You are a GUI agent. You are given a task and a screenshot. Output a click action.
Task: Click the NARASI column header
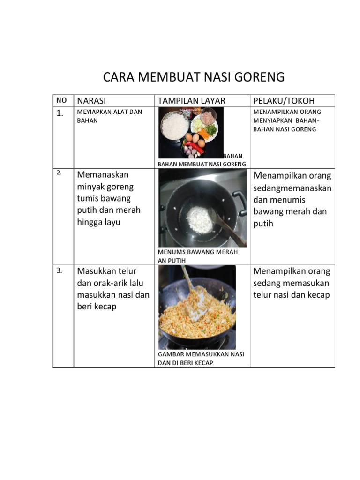[91, 101]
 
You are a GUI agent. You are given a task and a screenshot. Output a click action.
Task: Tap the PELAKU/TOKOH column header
[284, 101]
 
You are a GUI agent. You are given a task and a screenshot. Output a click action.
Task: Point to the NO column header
[61, 100]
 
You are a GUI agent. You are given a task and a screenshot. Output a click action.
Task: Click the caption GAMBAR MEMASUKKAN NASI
[201, 354]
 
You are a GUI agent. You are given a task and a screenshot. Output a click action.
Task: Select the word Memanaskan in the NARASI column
[103, 175]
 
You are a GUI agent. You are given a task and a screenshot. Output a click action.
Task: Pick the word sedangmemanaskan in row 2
[292, 188]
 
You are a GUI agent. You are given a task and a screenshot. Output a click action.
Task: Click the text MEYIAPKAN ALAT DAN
[109, 112]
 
